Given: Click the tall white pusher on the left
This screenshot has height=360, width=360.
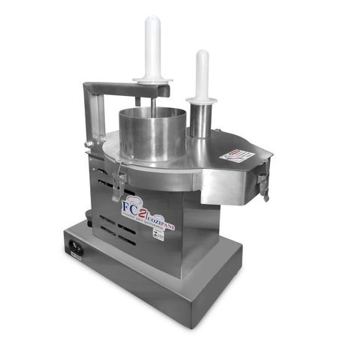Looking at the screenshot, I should (x=153, y=45).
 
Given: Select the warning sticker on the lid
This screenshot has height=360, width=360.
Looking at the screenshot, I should (x=235, y=154).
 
